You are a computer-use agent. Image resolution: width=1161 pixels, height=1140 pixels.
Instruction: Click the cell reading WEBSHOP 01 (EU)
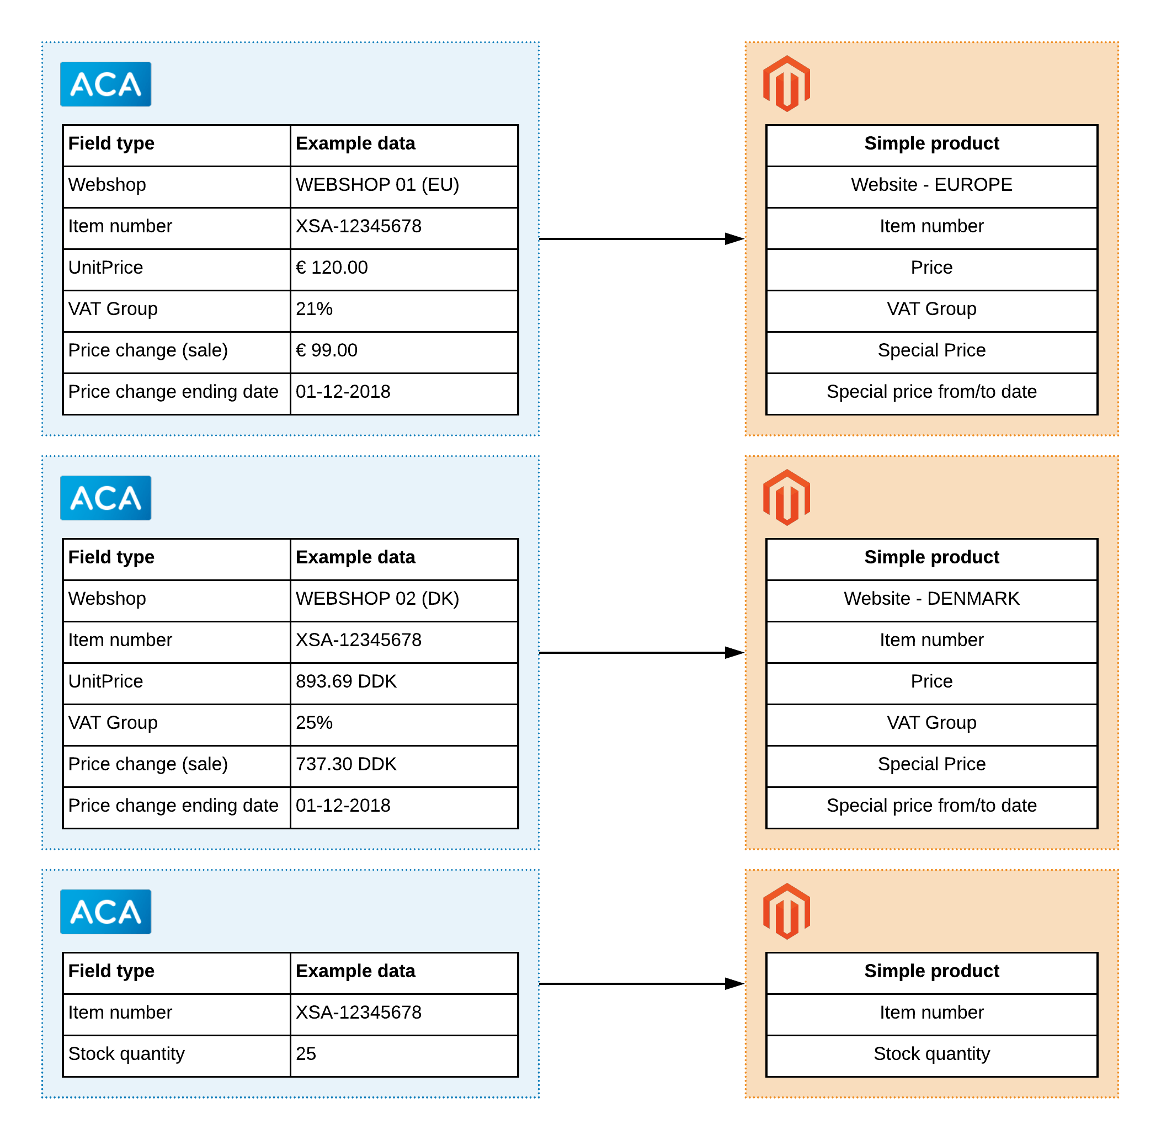[x=404, y=187]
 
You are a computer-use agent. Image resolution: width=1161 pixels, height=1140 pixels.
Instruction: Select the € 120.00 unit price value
[x=404, y=269]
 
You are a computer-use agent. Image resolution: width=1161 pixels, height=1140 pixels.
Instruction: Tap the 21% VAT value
[x=404, y=311]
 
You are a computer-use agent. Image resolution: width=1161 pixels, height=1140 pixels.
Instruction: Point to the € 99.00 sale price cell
[x=404, y=352]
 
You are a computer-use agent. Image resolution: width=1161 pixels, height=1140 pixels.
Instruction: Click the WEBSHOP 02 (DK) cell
[x=404, y=600]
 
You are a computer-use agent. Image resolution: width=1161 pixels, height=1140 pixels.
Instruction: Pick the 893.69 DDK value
[x=404, y=683]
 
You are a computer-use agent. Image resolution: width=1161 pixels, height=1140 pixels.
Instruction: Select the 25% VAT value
[x=404, y=725]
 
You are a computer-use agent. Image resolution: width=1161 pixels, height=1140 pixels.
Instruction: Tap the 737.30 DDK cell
[x=404, y=766]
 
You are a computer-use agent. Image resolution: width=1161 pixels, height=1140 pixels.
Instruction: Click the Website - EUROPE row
[x=931, y=187]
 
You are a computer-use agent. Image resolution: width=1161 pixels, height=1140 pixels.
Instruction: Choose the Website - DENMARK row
[x=931, y=600]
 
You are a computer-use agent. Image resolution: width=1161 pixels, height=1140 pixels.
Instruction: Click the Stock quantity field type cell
[x=177, y=1056]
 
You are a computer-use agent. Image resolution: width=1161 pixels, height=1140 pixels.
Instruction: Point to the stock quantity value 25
[x=404, y=1056]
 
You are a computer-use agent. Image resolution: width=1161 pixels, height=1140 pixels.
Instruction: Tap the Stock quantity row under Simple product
[x=931, y=1056]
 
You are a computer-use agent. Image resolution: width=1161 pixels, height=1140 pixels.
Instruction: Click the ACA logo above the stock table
[x=105, y=912]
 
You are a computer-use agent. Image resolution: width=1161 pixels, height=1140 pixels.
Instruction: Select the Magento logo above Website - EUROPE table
[x=787, y=84]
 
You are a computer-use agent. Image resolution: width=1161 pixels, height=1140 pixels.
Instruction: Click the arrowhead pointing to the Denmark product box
[x=734, y=653]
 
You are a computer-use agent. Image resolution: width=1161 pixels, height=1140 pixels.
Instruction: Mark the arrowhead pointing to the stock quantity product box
[x=734, y=984]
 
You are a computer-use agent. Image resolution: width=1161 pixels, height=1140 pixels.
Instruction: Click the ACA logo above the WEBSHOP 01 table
[x=105, y=84]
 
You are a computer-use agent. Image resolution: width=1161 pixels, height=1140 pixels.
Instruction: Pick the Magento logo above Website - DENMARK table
[x=787, y=498]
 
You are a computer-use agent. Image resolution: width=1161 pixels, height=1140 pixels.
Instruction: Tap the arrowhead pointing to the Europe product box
[x=734, y=239]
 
